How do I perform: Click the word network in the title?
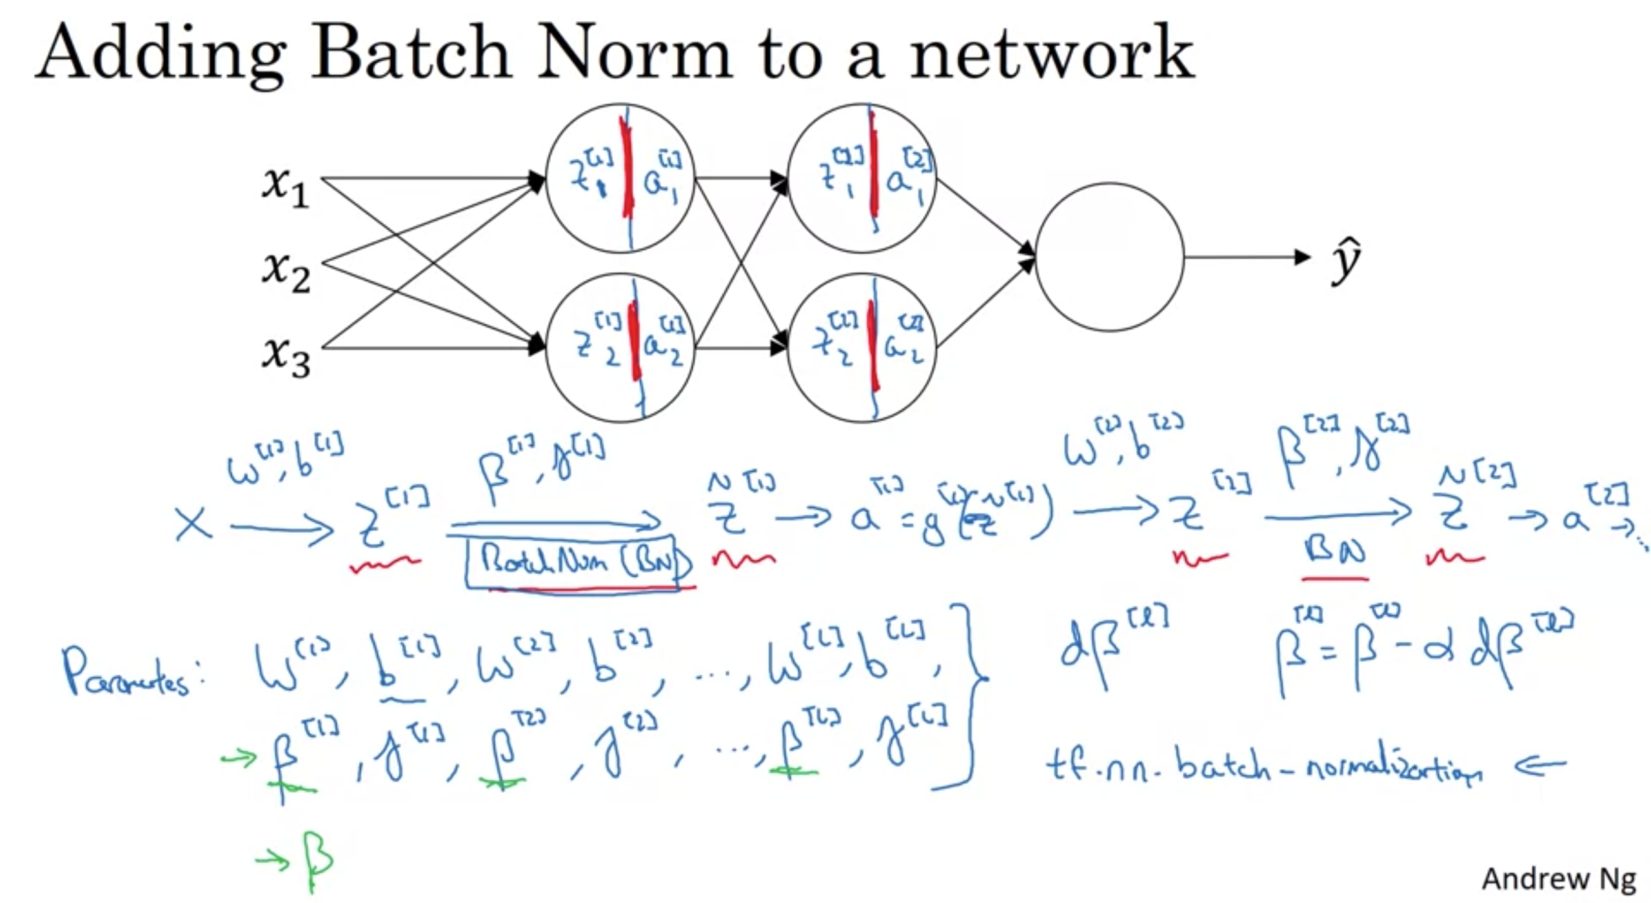coord(1051,54)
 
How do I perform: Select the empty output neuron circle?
coord(1109,257)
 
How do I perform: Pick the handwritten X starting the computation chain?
coord(193,524)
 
